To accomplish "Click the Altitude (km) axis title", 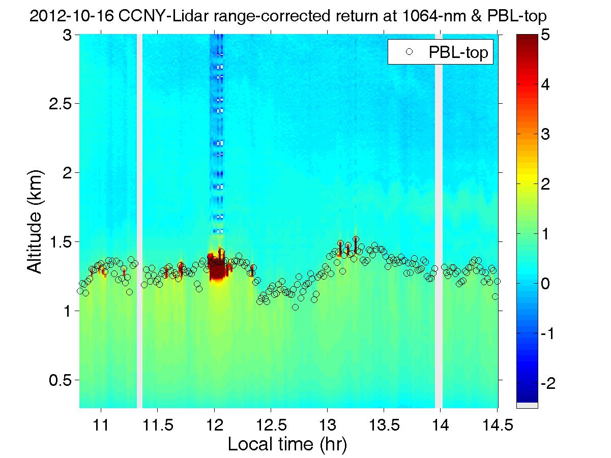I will tap(35, 222).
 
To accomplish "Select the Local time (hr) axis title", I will tap(287, 445).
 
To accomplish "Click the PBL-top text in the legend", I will tap(460, 53).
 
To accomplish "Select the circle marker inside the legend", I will tap(409, 53).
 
